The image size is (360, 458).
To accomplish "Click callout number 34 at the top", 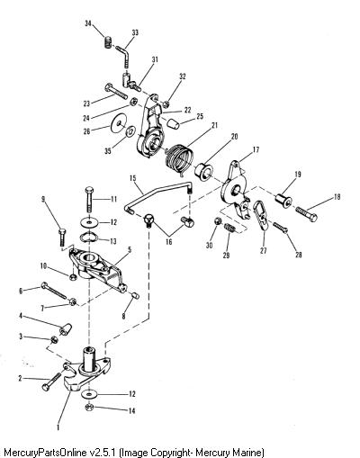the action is click(x=88, y=23).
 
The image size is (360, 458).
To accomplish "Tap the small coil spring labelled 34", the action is click(x=108, y=41).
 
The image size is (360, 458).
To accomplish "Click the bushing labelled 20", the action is click(x=204, y=171).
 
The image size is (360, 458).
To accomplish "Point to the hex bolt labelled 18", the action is click(x=306, y=214).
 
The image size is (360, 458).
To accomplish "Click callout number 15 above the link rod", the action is click(x=132, y=178).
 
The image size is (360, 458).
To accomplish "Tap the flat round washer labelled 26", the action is click(x=119, y=124).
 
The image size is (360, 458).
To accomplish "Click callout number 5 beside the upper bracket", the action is click(x=130, y=249).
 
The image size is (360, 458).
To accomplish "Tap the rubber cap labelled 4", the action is click(x=66, y=329).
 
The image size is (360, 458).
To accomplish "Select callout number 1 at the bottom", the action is click(x=58, y=427).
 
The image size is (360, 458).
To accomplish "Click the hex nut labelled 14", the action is click(x=89, y=408).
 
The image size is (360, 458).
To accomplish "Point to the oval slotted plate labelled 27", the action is click(x=262, y=215).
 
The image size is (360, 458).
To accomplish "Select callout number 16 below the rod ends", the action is click(x=169, y=242).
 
